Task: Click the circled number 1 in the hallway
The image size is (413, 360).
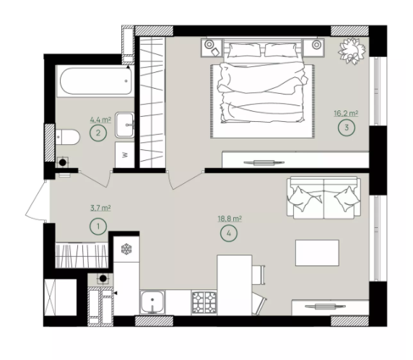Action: click(x=98, y=227)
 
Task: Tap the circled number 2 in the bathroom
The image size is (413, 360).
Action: click(x=98, y=133)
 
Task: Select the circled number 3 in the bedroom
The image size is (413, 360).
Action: click(x=347, y=128)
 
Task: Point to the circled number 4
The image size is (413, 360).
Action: click(x=229, y=233)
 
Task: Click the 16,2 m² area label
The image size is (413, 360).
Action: click(x=346, y=114)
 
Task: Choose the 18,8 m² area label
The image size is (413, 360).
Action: click(x=230, y=219)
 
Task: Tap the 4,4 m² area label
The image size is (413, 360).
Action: click(x=100, y=120)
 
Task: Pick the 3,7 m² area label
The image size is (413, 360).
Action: click(x=100, y=208)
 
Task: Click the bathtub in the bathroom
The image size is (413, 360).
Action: click(x=95, y=81)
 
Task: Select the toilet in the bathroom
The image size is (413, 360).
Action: click(x=67, y=137)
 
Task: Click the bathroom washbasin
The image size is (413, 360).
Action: click(x=125, y=125)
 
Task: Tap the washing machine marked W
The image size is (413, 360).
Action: click(x=125, y=154)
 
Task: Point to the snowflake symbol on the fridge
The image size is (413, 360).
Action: click(x=126, y=249)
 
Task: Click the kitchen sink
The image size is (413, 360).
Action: click(x=152, y=302)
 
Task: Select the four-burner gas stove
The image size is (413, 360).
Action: click(x=204, y=302)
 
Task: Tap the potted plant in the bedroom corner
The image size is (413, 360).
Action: click(x=352, y=51)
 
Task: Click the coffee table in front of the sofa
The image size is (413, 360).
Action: click(x=317, y=253)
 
